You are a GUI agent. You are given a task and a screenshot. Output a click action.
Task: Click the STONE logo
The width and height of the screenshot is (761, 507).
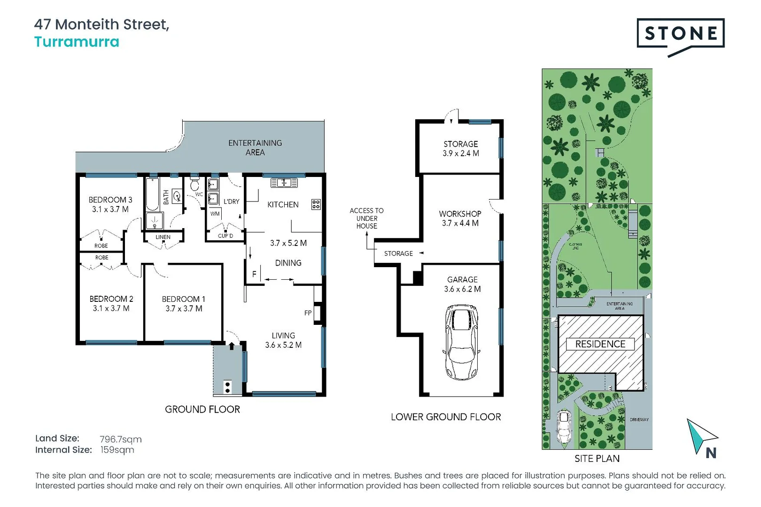click(x=680, y=34)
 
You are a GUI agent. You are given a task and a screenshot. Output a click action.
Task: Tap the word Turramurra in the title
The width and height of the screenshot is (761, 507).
click(x=77, y=42)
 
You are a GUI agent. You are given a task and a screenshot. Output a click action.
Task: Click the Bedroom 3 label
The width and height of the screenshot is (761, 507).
click(x=110, y=200)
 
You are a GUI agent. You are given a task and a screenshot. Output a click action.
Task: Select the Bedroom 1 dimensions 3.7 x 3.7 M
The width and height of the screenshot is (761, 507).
click(x=184, y=308)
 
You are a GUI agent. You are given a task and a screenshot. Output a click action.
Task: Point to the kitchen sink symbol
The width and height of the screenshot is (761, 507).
click(x=284, y=183)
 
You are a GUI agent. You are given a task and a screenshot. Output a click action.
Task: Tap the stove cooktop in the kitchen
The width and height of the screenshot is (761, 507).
click(x=316, y=204)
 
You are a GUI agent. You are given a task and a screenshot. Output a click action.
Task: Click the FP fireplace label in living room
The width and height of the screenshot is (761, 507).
click(x=308, y=313)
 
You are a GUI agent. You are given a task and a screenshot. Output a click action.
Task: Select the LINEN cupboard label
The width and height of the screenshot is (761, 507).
click(x=163, y=237)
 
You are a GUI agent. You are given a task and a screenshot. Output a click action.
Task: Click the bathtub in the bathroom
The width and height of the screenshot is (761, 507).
click(x=153, y=194)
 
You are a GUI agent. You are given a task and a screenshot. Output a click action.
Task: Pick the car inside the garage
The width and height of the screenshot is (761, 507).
click(x=462, y=342)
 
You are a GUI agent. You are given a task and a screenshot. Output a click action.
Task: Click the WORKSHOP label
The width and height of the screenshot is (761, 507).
click(x=460, y=214)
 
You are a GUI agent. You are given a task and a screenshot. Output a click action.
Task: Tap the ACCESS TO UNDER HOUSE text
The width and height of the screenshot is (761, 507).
click(x=366, y=218)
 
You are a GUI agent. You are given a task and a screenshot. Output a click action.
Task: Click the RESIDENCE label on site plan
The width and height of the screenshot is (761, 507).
click(x=600, y=344)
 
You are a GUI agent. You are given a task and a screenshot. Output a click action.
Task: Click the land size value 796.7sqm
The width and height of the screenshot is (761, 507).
click(x=120, y=439)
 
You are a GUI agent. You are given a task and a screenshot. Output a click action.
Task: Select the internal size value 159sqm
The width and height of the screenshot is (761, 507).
click(x=117, y=450)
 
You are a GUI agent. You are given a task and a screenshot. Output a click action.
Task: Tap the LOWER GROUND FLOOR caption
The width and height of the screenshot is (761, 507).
click(x=446, y=417)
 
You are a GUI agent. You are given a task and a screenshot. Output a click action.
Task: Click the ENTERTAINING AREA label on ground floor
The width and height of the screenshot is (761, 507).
click(x=255, y=147)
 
